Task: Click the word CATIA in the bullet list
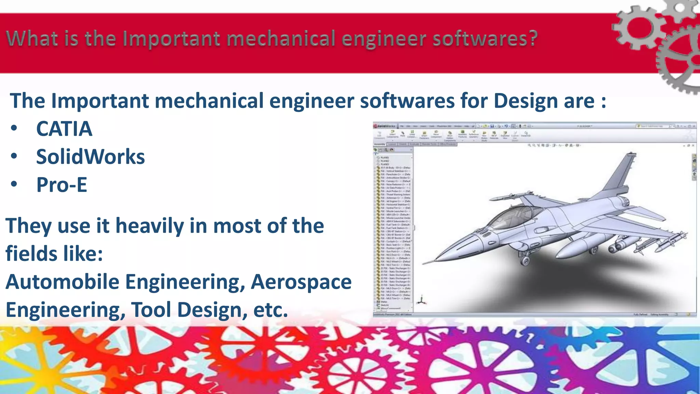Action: click(64, 129)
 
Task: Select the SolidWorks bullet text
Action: click(90, 157)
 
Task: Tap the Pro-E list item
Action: click(62, 185)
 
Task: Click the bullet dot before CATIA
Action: click(14, 129)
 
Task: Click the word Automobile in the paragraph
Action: click(63, 282)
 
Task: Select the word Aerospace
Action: click(301, 282)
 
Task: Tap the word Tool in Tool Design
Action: click(151, 310)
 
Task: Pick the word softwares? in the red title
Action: click(485, 38)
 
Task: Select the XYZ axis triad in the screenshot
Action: click(421, 301)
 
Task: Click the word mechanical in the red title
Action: click(280, 38)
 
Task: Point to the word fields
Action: click(34, 254)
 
